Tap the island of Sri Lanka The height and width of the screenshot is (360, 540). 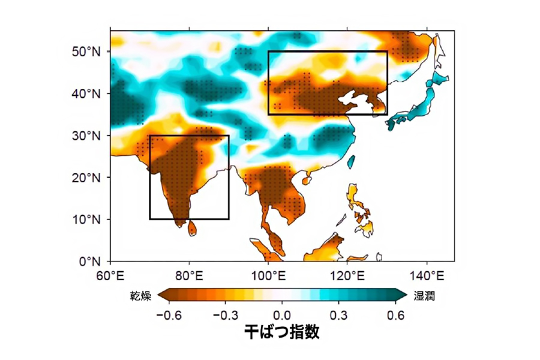pyautogui.click(x=192, y=228)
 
